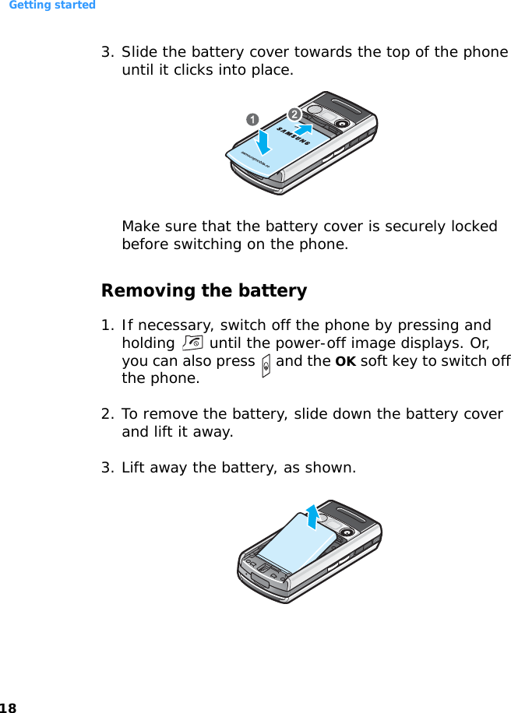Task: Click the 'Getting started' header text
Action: click(x=52, y=5)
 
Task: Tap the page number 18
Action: click(x=8, y=708)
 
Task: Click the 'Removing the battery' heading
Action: click(x=204, y=290)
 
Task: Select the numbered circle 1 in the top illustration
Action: click(x=252, y=120)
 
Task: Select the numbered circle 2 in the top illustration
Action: click(x=294, y=114)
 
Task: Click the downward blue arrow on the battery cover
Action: click(x=263, y=142)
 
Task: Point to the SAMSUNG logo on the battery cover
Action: click(x=294, y=136)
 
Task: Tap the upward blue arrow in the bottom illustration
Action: click(x=312, y=517)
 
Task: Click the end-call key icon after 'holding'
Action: click(x=192, y=342)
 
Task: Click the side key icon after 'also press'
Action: click(x=266, y=366)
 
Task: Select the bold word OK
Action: click(x=345, y=361)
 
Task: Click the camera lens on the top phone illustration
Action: click(x=342, y=124)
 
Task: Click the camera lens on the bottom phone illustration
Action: click(x=347, y=532)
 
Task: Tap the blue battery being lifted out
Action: click(x=298, y=542)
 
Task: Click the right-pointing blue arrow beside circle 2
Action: click(x=304, y=129)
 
